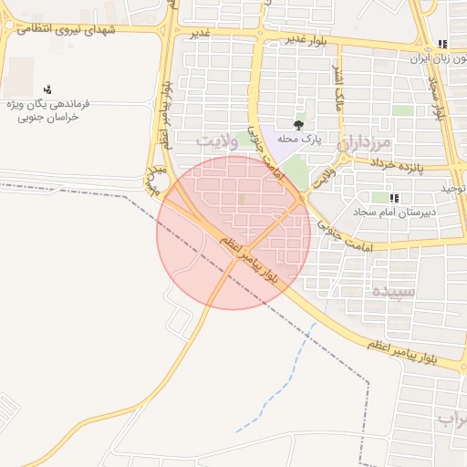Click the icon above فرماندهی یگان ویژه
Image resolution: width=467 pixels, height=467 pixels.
pos(47,90)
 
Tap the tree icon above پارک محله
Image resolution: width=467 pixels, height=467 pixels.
pos(297,125)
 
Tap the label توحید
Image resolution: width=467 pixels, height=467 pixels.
pos(452,188)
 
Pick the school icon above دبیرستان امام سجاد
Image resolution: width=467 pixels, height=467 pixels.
pos(394,197)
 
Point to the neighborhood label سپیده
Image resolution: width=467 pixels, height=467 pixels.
pos(394,291)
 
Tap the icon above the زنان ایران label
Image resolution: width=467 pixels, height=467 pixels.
pos(442,43)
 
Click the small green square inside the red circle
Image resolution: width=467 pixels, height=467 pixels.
pos(242,198)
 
